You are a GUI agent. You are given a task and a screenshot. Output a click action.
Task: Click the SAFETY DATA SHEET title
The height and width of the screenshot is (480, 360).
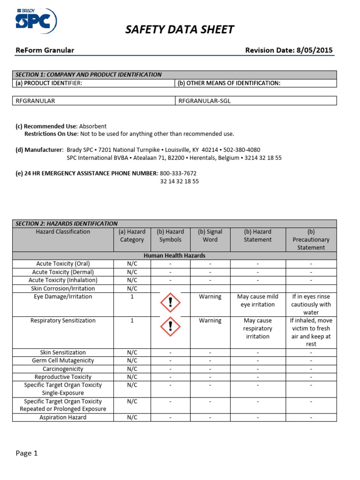[x=180, y=30]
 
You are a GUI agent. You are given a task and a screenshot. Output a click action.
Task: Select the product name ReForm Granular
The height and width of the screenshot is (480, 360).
[x=45, y=50]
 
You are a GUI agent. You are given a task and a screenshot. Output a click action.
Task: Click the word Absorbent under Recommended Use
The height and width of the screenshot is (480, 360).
[x=93, y=126]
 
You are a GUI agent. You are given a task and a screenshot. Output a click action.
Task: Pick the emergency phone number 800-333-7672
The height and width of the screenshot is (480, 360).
[x=178, y=173]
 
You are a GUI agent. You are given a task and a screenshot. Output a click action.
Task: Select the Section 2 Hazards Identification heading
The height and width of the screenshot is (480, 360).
[x=67, y=224]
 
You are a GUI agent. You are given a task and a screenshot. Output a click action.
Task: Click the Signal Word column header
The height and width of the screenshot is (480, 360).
[x=210, y=235]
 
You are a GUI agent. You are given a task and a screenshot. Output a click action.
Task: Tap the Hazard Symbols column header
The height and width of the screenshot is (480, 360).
[x=170, y=235]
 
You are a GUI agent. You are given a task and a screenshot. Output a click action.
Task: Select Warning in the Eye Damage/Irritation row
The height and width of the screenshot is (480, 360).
[x=210, y=297]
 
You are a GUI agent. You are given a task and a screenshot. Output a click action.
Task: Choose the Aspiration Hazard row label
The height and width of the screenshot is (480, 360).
[x=63, y=417]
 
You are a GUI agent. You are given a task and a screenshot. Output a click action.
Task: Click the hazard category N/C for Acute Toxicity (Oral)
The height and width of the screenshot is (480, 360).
[x=132, y=264]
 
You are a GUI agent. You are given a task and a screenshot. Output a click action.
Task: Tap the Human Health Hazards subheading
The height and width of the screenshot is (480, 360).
[x=174, y=255]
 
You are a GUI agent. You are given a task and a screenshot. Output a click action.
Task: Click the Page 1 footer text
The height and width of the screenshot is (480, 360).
[x=26, y=453]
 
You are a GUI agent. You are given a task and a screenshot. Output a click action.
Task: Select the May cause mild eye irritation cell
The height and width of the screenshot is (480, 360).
[x=258, y=300]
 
